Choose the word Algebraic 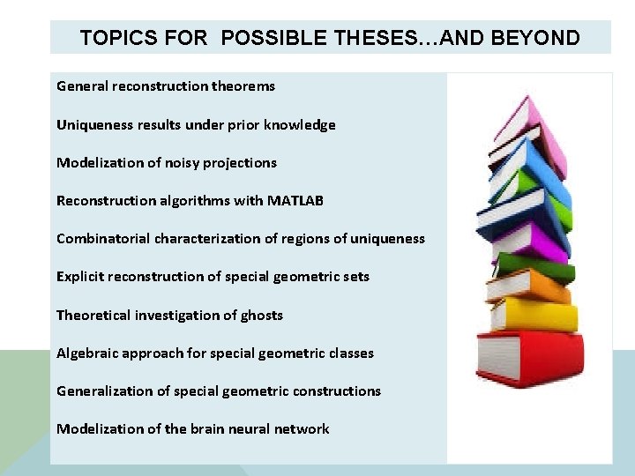[87, 353]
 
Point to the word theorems [243, 86]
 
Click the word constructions [337, 390]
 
